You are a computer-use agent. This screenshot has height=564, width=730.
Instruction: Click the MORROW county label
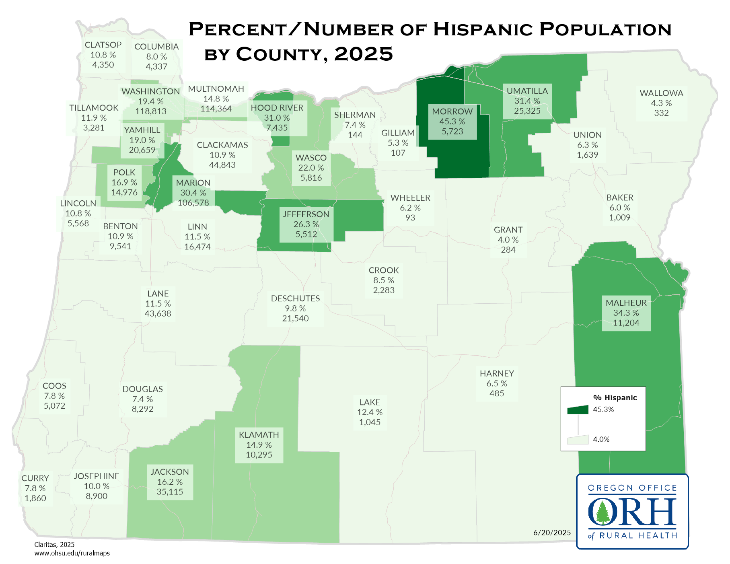click(452, 111)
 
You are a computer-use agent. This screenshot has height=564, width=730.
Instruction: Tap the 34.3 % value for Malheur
click(626, 313)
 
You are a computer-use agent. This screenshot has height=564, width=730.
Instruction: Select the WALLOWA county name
click(661, 93)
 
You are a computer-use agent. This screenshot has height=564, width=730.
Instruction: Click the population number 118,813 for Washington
click(151, 111)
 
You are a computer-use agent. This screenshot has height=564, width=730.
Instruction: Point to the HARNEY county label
click(497, 373)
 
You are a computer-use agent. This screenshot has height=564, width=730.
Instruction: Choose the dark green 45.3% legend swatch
click(578, 410)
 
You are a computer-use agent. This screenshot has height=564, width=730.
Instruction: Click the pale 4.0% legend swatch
click(578, 440)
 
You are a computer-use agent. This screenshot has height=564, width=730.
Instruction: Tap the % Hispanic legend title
click(615, 397)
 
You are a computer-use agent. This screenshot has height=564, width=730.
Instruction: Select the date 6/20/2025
click(552, 533)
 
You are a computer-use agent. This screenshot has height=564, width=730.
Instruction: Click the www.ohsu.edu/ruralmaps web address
click(72, 553)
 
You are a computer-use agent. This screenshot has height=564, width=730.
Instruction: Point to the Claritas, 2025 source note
click(54, 545)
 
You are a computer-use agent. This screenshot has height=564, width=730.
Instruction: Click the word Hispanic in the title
click(482, 29)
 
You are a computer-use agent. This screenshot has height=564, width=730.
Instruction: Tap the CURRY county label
click(35, 478)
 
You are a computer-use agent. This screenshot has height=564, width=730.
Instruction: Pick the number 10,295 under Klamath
click(259, 455)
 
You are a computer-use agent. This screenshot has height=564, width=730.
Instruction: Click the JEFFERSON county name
click(306, 214)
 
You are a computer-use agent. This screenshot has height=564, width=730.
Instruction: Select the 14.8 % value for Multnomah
click(216, 99)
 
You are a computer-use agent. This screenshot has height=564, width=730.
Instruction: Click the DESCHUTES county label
click(295, 298)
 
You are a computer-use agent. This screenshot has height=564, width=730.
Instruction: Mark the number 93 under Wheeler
click(410, 218)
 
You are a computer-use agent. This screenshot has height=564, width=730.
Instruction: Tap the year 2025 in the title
click(363, 54)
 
